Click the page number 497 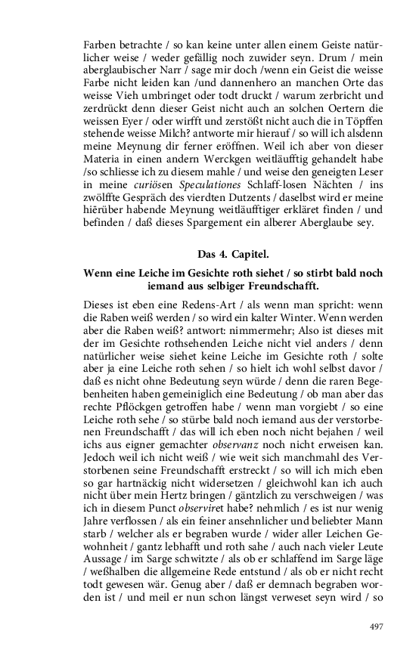(377, 626)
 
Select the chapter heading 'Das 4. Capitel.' (234, 253)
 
